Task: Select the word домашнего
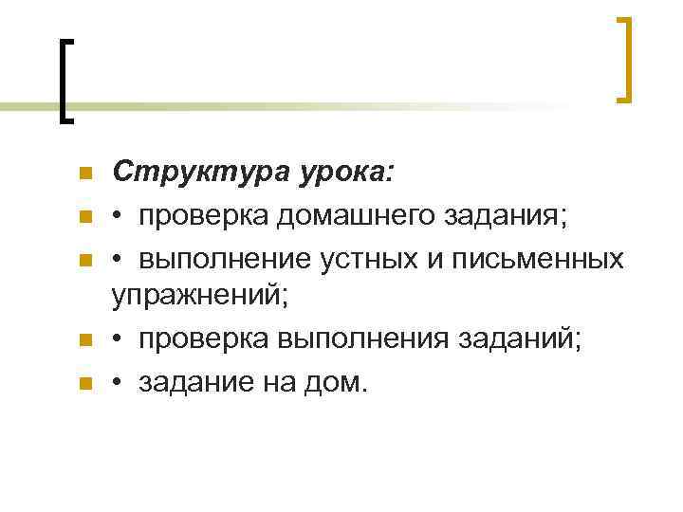coord(351,216)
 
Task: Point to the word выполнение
coord(215,259)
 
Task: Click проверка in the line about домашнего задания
coord(203,216)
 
